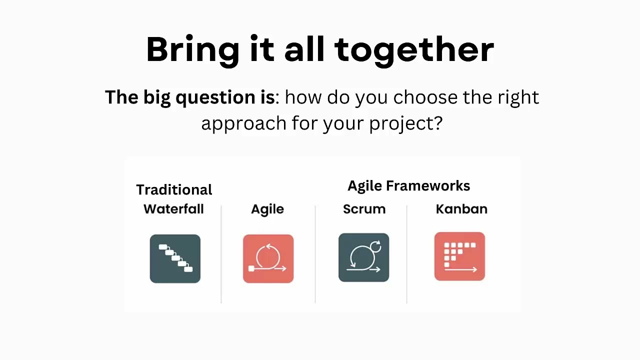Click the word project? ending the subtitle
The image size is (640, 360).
(405, 123)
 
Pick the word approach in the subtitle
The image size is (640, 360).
(243, 123)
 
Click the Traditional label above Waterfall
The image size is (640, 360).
(174, 190)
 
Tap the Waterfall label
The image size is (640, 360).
(173, 209)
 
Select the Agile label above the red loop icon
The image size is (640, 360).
(267, 209)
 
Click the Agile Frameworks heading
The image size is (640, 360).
(408, 186)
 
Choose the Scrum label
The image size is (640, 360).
(364, 209)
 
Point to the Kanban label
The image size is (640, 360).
(461, 209)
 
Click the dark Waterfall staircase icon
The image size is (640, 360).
(175, 258)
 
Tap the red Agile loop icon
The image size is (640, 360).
(268, 258)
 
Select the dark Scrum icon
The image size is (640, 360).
(363, 257)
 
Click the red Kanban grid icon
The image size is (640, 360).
(459, 256)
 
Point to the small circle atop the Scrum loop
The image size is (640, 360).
(376, 246)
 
